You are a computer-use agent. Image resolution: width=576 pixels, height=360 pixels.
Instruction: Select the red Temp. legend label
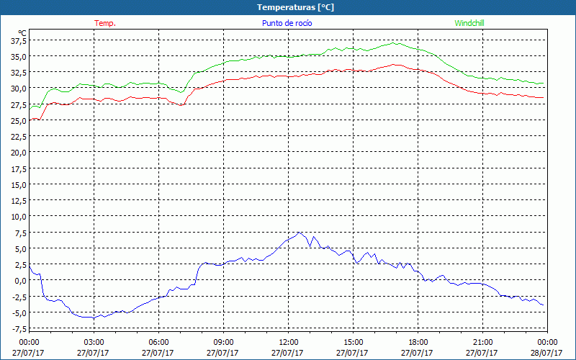105,23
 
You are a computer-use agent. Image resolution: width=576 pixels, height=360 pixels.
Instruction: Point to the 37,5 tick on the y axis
17,41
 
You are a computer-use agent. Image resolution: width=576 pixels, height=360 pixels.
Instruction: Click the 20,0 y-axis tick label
17,153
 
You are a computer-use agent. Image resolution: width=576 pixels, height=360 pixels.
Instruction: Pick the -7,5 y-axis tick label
17,328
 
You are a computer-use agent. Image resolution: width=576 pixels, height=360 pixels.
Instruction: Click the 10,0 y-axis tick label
17,217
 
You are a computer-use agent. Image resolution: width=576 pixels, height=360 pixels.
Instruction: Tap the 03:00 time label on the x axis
94,342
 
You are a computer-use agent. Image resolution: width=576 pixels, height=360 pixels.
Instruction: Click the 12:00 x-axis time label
289,342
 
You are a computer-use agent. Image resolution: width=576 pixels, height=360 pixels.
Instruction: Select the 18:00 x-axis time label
418,342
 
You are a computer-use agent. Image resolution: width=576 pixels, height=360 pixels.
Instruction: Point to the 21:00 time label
483,342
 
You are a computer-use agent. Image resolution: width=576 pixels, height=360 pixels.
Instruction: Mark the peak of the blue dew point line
299,232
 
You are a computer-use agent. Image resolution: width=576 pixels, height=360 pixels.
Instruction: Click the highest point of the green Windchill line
395,43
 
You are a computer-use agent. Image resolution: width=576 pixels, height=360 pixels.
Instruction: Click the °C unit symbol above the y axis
22,32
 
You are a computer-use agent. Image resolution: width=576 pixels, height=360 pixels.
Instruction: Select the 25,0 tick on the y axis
17,121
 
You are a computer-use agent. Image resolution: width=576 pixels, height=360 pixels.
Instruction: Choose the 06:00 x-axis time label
159,342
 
